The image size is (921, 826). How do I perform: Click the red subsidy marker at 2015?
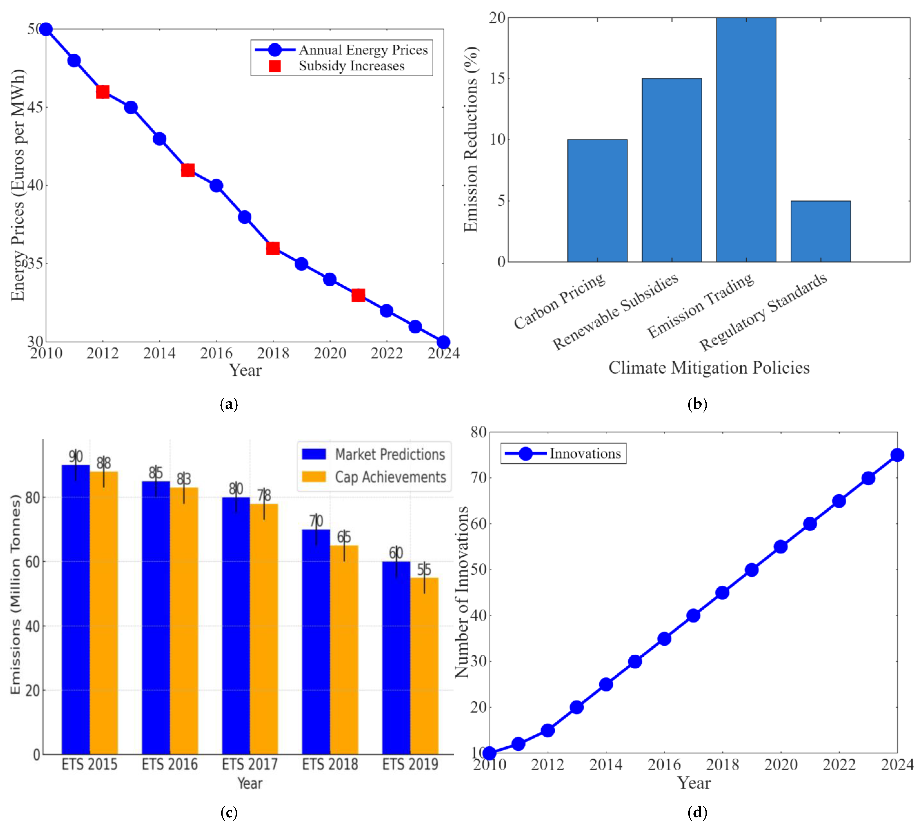click(188, 170)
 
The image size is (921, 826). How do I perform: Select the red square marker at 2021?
click(358, 296)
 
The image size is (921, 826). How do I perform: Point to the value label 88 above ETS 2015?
click(104, 463)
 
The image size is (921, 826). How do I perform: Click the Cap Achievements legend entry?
click(390, 477)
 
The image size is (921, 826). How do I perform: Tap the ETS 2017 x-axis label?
click(249, 764)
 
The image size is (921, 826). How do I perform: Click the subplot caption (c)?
click(229, 812)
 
